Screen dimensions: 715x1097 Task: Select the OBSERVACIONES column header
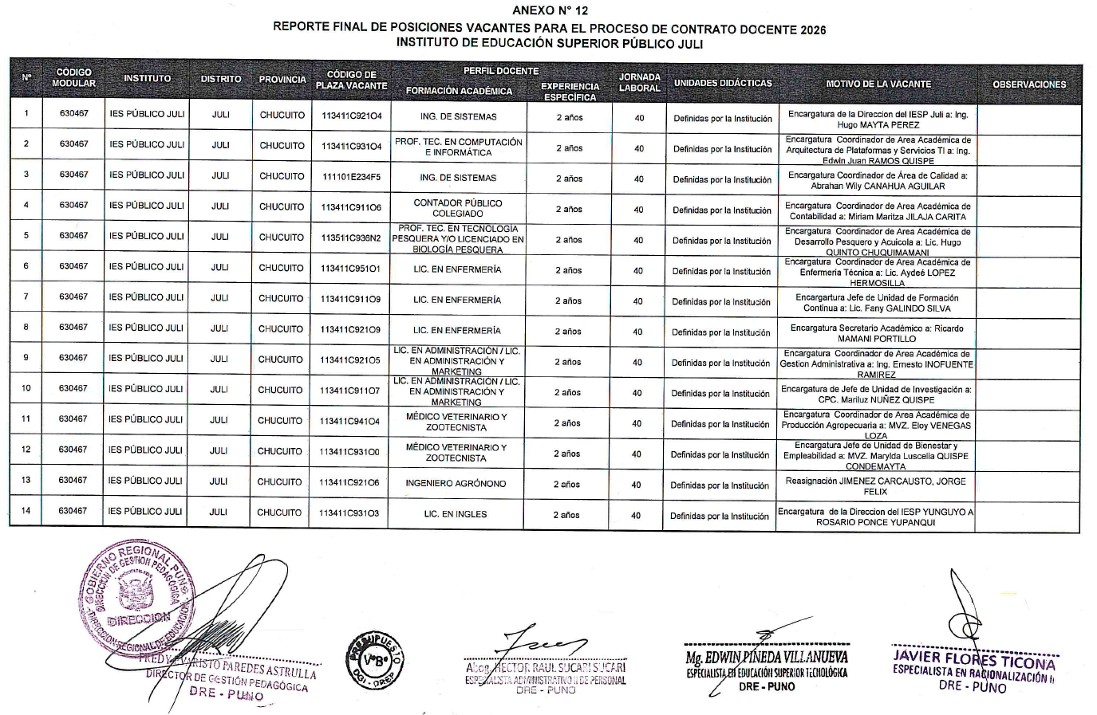click(x=1028, y=84)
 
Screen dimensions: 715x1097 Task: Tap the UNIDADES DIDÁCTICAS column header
click(x=722, y=83)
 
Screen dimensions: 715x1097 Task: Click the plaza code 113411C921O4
click(x=351, y=116)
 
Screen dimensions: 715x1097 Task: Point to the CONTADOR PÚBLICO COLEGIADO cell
click(x=458, y=208)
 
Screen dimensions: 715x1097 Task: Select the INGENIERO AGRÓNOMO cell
click(x=456, y=483)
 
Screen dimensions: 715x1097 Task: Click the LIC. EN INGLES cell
click(x=456, y=514)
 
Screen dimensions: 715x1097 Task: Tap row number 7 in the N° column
click(x=26, y=297)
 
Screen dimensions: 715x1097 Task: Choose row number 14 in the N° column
click(x=26, y=510)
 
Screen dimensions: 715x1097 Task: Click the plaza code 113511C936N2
click(x=350, y=238)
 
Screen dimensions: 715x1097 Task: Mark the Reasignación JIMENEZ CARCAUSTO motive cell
click(x=875, y=486)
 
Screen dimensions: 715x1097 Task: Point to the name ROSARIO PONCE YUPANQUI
click(x=874, y=523)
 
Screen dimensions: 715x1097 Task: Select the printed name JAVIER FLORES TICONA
click(x=973, y=662)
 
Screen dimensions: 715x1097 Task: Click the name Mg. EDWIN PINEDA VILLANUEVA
click(x=767, y=658)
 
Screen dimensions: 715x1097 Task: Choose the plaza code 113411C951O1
click(x=350, y=269)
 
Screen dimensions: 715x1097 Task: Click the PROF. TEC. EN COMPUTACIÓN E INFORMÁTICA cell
click(x=458, y=147)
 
